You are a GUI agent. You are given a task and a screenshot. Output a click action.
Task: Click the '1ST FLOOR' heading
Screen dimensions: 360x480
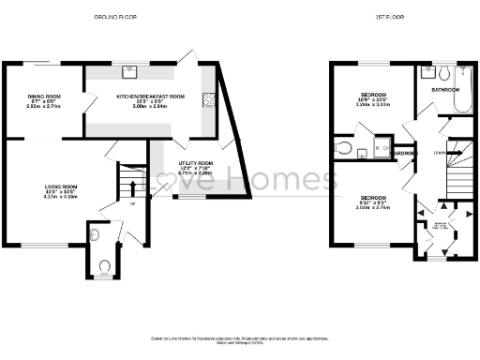tap(390, 17)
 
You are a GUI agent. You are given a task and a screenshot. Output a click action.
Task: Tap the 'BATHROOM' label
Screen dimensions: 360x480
tap(445, 89)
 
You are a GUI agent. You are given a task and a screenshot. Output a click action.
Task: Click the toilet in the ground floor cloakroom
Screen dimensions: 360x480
tap(104, 266)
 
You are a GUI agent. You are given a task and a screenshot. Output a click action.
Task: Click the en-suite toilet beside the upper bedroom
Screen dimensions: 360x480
tap(344, 148)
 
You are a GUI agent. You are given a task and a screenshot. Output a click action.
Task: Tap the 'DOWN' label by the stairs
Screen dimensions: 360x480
tap(440, 152)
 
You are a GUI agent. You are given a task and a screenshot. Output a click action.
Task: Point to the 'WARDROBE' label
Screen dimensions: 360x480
tap(404, 152)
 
